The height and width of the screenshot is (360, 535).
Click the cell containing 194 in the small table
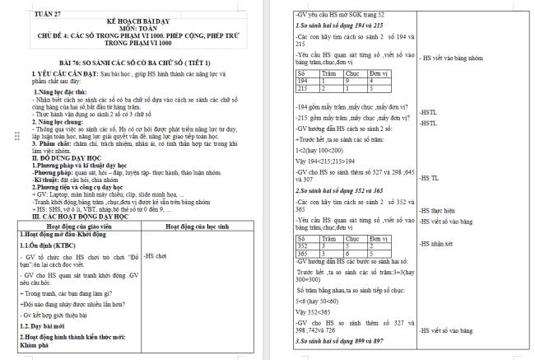click(x=305, y=80)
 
